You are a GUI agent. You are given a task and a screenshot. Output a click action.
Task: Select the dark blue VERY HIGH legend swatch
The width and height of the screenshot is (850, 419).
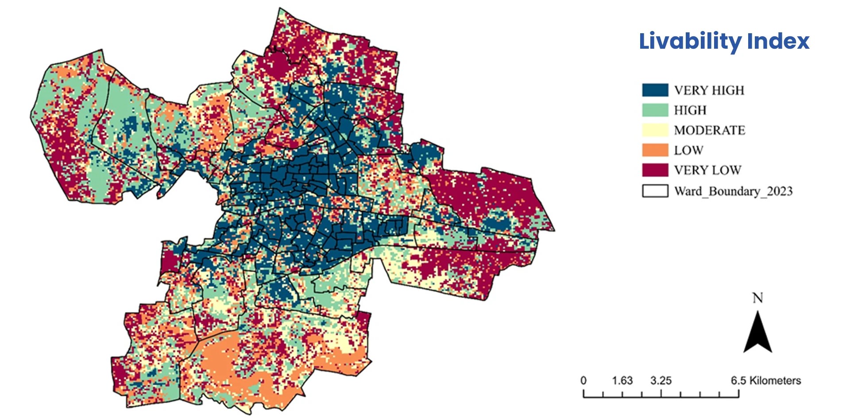pyautogui.click(x=655, y=90)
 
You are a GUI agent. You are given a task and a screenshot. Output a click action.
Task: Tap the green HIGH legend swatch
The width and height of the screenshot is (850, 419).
pyautogui.click(x=655, y=110)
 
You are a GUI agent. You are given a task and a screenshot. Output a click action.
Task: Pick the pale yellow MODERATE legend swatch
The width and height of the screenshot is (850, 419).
pyautogui.click(x=655, y=130)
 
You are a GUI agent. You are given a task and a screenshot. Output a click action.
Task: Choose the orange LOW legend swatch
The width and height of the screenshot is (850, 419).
pyautogui.click(x=655, y=150)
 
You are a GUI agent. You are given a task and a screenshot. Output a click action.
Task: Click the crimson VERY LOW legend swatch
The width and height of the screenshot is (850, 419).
pyautogui.click(x=655, y=170)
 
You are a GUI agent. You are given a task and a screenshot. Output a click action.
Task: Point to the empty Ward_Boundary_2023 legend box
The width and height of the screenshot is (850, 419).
pyautogui.click(x=655, y=190)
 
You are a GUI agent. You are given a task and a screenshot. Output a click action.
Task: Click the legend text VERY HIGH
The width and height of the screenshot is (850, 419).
pyautogui.click(x=709, y=90)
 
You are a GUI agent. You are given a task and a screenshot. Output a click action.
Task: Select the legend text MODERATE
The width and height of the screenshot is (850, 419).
pyautogui.click(x=709, y=130)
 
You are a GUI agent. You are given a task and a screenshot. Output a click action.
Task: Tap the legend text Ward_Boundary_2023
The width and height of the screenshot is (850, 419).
pyautogui.click(x=733, y=191)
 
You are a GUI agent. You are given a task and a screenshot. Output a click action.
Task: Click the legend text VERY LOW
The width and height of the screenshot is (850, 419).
pyautogui.click(x=707, y=170)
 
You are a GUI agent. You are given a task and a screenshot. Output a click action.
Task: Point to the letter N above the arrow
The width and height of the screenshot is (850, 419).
pyautogui.click(x=757, y=298)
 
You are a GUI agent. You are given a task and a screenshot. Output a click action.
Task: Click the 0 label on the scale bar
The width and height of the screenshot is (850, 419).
pyautogui.click(x=583, y=380)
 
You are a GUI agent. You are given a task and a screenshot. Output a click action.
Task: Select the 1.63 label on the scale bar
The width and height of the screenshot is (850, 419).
pyautogui.click(x=622, y=380)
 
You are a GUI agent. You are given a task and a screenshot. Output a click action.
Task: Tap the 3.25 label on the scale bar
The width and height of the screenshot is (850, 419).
pyautogui.click(x=661, y=380)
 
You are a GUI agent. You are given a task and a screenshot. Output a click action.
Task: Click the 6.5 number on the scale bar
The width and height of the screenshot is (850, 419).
pyautogui.click(x=738, y=380)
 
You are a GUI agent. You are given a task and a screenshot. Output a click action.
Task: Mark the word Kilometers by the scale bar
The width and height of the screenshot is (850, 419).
pyautogui.click(x=775, y=380)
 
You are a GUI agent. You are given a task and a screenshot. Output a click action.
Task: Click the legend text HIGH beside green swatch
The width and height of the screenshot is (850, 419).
pyautogui.click(x=690, y=110)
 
